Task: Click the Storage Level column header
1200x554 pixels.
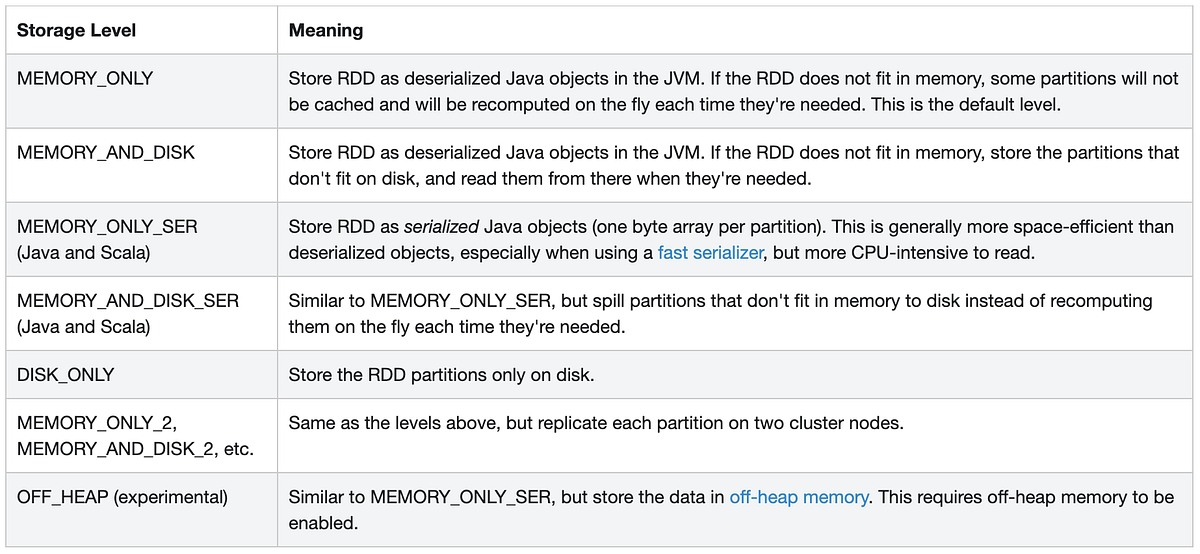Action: [x=76, y=30]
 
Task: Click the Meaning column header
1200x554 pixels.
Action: [x=325, y=30]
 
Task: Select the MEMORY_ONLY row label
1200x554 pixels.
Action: [x=85, y=78]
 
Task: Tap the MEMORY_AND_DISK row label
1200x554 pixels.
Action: [x=106, y=153]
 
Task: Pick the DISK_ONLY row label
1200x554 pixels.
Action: [x=66, y=375]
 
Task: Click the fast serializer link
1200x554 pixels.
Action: [x=710, y=253]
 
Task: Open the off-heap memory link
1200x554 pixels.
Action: [x=798, y=497]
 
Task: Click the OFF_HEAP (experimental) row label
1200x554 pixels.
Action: [x=122, y=497]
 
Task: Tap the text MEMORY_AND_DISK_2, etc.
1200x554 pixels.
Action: [x=135, y=449]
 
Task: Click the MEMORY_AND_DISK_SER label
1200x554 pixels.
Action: [x=127, y=301]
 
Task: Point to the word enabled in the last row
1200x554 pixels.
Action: [x=323, y=523]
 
